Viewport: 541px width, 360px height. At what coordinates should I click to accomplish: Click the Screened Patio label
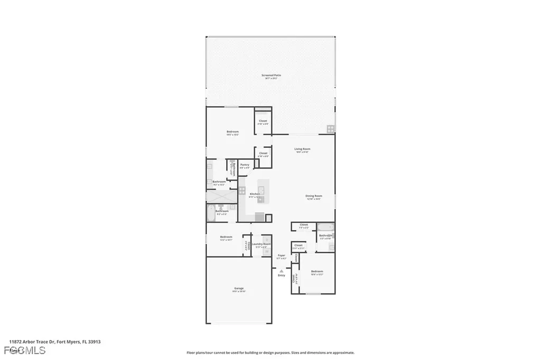click(x=271, y=75)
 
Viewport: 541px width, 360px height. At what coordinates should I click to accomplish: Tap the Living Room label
click(x=302, y=149)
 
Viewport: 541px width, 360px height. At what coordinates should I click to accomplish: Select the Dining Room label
click(x=313, y=196)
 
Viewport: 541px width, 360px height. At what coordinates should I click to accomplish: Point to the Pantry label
click(x=245, y=165)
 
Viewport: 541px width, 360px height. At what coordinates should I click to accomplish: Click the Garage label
click(x=239, y=288)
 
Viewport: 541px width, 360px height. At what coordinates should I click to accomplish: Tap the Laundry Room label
click(x=261, y=244)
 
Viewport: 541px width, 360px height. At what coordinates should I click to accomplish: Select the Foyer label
click(x=282, y=255)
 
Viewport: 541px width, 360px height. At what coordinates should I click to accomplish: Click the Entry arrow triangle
click(x=282, y=271)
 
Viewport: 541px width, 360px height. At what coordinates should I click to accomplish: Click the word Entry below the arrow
click(x=282, y=275)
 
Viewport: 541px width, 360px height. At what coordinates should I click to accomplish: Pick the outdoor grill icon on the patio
click(x=330, y=128)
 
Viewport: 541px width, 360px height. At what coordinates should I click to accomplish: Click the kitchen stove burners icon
click(x=242, y=188)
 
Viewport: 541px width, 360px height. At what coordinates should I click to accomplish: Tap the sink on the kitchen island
click(x=261, y=188)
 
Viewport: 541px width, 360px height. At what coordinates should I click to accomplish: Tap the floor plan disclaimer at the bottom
click(x=270, y=353)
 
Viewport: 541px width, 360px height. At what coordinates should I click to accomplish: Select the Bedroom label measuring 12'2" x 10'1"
click(x=226, y=238)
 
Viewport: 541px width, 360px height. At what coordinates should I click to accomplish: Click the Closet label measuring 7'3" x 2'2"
click(x=304, y=225)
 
